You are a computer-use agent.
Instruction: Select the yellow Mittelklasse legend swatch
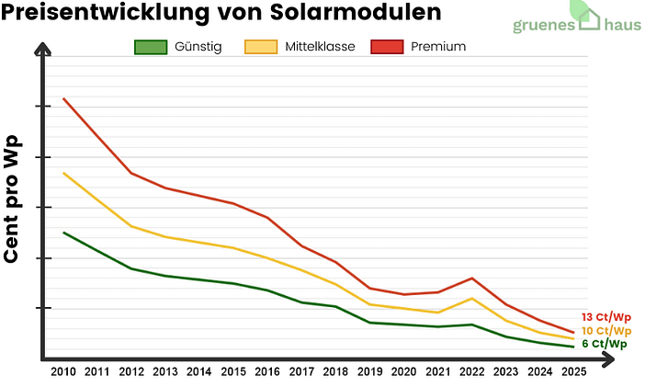click(x=261, y=47)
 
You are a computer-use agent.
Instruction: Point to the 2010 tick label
click(x=63, y=372)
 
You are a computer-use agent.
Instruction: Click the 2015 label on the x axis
click(x=233, y=372)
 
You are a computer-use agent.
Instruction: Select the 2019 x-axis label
click(x=369, y=372)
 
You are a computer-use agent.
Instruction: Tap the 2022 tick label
click(x=471, y=372)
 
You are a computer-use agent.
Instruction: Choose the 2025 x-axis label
click(x=573, y=372)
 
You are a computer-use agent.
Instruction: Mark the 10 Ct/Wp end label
click(x=606, y=331)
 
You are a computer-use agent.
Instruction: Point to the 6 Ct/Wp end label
click(x=605, y=344)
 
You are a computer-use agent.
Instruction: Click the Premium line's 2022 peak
click(x=471, y=278)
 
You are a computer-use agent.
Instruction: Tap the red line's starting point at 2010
click(x=63, y=98)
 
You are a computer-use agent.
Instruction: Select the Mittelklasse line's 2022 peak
click(x=471, y=298)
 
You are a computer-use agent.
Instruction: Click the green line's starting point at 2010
click(x=63, y=233)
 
